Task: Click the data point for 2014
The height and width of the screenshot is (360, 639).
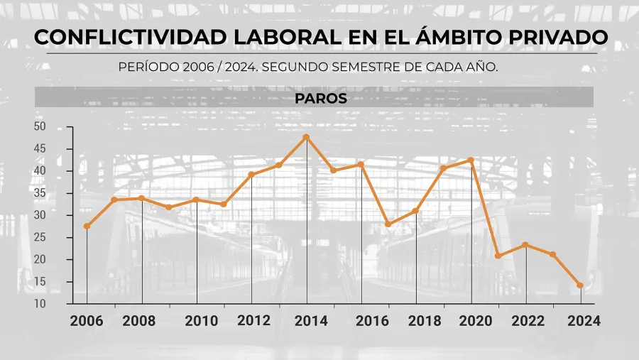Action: (306, 137)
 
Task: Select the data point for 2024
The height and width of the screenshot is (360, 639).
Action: (581, 285)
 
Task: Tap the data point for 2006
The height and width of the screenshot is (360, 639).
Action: (87, 227)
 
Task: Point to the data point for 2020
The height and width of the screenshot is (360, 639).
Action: (471, 160)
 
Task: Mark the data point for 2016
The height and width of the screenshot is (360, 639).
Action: (361, 165)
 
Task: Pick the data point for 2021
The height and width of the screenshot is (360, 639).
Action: (498, 256)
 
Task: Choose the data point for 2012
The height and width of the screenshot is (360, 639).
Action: (251, 175)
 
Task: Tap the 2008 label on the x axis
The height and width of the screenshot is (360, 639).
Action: (139, 320)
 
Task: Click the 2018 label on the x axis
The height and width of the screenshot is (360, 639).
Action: (425, 320)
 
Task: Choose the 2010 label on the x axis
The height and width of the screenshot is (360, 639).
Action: (202, 320)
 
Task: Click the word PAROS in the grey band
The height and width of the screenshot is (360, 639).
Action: (321, 99)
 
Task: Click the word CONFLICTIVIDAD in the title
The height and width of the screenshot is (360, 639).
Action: (104, 38)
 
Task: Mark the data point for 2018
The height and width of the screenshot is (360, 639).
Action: (416, 211)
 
